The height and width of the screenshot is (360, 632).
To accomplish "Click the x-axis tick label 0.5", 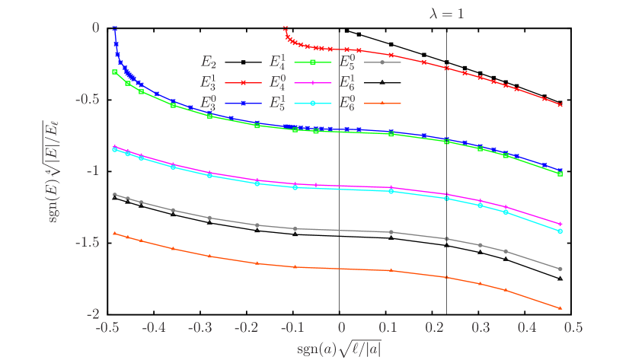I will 573,327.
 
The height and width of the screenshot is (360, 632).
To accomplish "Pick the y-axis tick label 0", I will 96,27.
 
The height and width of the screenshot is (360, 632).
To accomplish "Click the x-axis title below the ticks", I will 339,349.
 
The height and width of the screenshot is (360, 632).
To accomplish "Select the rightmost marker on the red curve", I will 560,105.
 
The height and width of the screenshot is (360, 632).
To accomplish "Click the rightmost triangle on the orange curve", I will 560,308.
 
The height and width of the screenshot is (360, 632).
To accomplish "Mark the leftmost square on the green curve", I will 114,72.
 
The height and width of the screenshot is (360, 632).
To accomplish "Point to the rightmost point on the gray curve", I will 560,269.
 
